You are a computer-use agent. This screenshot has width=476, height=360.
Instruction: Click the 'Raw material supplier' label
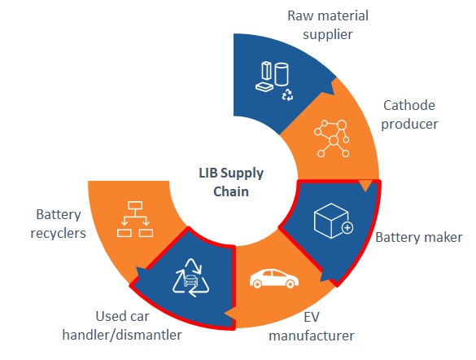coord(328,25)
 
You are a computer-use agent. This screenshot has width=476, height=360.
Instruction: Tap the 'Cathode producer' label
coord(409,115)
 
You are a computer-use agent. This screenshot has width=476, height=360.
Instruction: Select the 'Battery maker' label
coord(419,237)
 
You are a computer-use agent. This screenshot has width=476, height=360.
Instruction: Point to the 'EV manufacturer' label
coord(312,327)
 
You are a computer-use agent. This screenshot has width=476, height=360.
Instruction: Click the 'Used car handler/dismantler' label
coord(122,326)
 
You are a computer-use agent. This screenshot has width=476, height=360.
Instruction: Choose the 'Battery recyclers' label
coord(59,224)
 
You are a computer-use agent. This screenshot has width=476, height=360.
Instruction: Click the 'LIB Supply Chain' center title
coord(231,182)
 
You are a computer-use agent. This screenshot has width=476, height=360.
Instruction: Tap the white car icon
coord(274,278)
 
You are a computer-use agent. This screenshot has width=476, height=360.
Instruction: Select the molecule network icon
coord(332,138)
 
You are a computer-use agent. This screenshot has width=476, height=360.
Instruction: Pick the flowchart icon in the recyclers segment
coord(135,219)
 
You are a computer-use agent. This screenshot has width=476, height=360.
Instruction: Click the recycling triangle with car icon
coord(190,278)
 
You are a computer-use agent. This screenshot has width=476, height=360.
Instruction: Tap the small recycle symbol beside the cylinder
coord(287,94)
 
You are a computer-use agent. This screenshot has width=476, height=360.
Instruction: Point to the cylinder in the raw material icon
coord(282,74)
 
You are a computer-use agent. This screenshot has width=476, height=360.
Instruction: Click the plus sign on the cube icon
coord(347,227)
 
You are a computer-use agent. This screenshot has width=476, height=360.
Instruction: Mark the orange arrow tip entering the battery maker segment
coord(365,191)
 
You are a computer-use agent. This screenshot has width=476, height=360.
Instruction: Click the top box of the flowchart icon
coord(135,205)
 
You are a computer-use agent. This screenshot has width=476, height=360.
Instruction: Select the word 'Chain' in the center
coord(231,191)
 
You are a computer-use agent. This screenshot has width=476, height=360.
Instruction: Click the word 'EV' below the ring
coord(312,317)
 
